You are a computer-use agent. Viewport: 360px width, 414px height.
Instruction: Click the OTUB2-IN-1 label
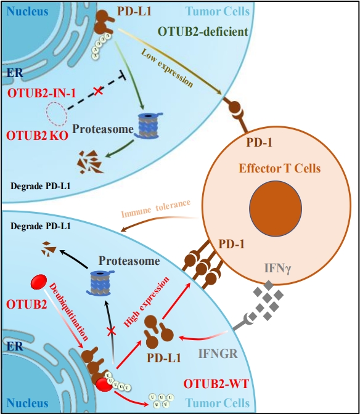(x=41, y=93)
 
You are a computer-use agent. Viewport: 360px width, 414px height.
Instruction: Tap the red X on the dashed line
(x=98, y=91)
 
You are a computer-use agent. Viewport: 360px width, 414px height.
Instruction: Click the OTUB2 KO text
(x=37, y=136)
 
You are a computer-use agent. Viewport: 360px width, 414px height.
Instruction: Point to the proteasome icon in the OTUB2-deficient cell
(x=148, y=126)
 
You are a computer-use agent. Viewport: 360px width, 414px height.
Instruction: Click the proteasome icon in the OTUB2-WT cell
(x=100, y=283)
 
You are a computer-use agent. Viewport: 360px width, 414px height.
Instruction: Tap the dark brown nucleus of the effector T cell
(x=276, y=208)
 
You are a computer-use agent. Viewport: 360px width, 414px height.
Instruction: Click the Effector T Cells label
(x=280, y=168)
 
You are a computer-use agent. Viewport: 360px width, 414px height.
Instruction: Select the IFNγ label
(x=277, y=269)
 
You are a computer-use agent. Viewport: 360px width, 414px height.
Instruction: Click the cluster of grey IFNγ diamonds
(x=268, y=299)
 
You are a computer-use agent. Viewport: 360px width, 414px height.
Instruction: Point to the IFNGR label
(x=218, y=354)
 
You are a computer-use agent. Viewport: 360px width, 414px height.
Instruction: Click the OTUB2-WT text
(x=216, y=384)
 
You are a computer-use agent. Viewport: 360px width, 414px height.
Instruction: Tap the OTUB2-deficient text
(x=203, y=31)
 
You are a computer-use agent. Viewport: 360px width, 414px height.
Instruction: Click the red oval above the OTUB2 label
(x=39, y=282)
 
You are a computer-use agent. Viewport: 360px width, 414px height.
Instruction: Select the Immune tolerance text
(x=156, y=208)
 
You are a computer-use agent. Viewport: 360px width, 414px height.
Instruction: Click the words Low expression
(x=167, y=68)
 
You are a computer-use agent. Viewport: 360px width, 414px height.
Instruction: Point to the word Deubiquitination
(x=68, y=312)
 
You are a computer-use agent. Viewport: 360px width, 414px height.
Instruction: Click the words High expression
(x=146, y=302)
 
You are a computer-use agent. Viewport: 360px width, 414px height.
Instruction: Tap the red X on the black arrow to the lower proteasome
(x=112, y=331)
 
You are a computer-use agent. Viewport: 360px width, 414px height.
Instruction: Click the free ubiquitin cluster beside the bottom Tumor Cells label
(x=161, y=400)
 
